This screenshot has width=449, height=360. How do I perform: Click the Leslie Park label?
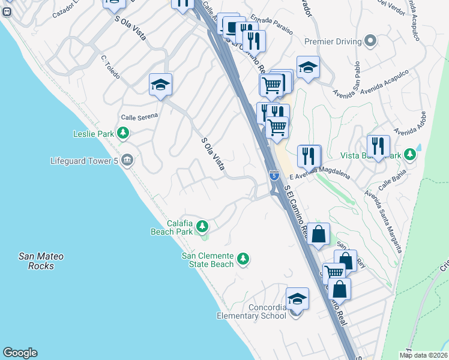[x=93, y=134]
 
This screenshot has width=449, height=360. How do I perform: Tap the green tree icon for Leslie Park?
[x=123, y=133]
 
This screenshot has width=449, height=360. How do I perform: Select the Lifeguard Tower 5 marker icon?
[x=127, y=160]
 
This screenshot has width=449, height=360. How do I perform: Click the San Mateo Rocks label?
[x=41, y=261]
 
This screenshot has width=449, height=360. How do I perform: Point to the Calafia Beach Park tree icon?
[x=203, y=226]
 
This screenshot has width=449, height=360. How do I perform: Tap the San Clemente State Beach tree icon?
[x=243, y=259]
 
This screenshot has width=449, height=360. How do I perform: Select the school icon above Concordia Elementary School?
[x=297, y=299]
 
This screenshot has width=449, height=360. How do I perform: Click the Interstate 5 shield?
[x=274, y=175]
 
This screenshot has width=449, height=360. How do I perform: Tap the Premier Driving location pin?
[x=371, y=41]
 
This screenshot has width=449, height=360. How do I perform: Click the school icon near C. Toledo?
[x=161, y=85]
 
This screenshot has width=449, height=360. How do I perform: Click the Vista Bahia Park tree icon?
[x=410, y=155]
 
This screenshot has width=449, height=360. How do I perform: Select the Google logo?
[x=20, y=353]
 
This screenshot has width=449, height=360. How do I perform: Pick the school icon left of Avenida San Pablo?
[x=308, y=67]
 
